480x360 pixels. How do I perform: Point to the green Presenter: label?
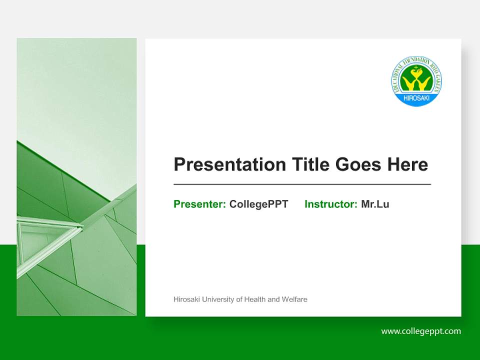199,204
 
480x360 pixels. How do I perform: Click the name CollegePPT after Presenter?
258,204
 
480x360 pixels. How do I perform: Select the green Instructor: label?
330,204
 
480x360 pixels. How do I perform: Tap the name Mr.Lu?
375,204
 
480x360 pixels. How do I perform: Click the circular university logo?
416,81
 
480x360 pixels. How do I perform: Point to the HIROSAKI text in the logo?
416,97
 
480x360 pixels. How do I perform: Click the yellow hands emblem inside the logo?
416,80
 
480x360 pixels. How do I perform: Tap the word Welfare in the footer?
294,299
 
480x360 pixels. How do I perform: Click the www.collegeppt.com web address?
421,331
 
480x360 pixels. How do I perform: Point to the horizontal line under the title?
302,184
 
